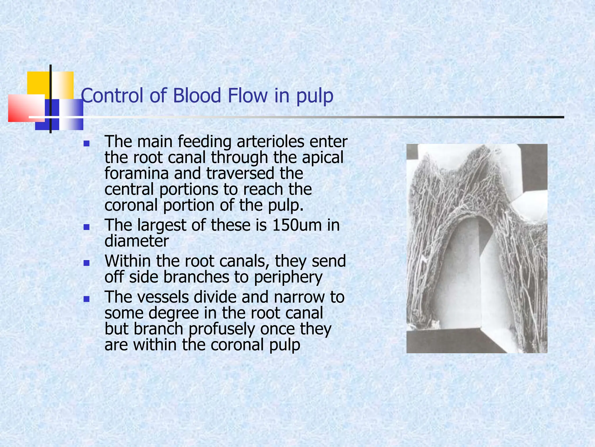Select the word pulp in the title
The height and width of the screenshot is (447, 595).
pyautogui.click(x=315, y=97)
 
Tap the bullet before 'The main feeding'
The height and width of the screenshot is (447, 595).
pyautogui.click(x=86, y=143)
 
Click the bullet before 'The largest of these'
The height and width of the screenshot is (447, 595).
pyautogui.click(x=86, y=227)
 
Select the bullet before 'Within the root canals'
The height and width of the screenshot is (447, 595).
pyautogui.click(x=86, y=263)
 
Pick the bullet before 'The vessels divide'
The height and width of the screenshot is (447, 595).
pyautogui.click(x=86, y=299)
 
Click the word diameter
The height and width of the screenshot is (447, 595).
pyautogui.click(x=137, y=241)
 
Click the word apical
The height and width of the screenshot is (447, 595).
pyautogui.click(x=322, y=158)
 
